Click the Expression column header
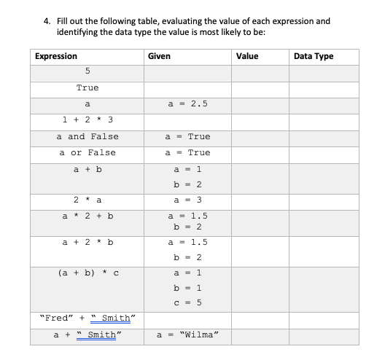point(56,56)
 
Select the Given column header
point(159,56)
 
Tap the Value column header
point(246,56)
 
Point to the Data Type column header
point(313,56)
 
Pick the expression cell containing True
point(87,87)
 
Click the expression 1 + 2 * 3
point(87,120)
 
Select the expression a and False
point(87,136)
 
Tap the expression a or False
point(87,152)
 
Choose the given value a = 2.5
point(188,103)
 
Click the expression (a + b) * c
point(87,273)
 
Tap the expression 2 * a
point(87,199)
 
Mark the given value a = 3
point(188,199)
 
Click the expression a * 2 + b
point(87,216)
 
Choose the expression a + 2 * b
point(87,241)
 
